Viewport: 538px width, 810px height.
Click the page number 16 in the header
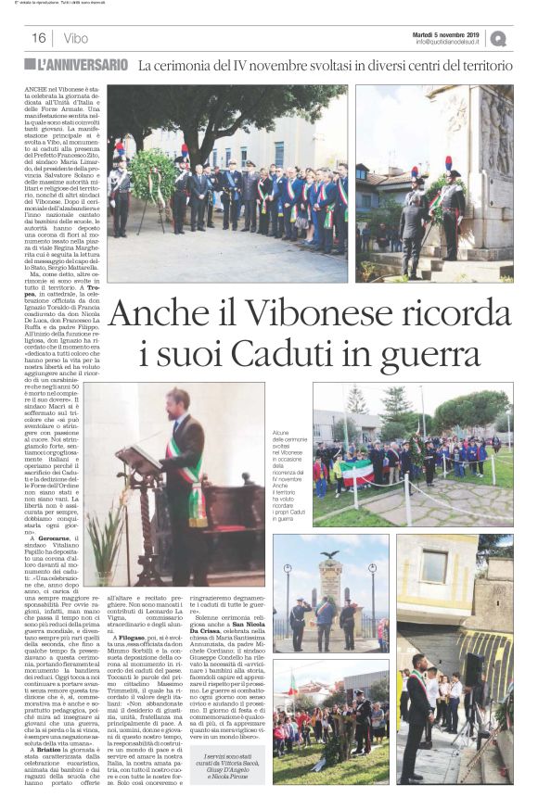tap(38, 38)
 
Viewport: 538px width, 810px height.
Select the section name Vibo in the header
tap(76, 38)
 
